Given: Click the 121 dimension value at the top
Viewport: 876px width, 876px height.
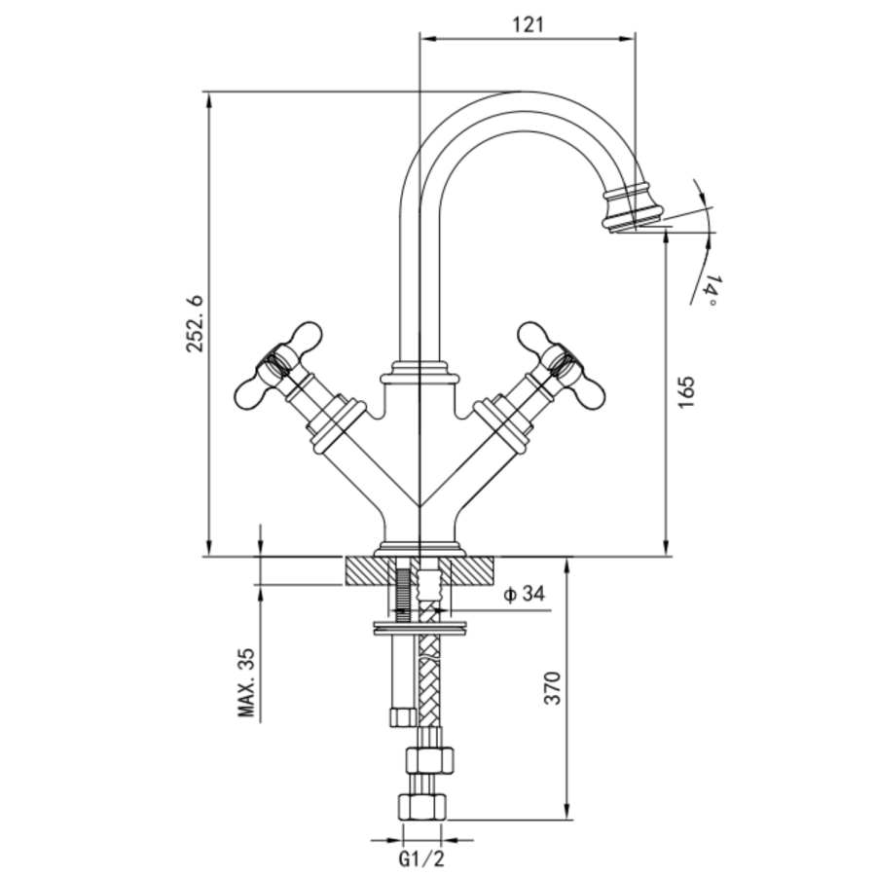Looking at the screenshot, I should click(527, 25).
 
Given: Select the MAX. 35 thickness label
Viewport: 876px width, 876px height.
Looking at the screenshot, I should click(249, 682).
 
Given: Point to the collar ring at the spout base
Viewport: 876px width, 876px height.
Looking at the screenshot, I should click(419, 373).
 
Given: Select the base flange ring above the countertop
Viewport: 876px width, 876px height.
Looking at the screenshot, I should click(419, 548).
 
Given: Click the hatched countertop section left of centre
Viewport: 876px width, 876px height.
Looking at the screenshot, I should click(366, 570).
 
